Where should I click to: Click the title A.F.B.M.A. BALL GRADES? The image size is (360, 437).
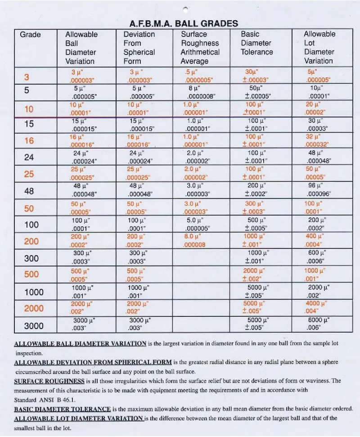184,23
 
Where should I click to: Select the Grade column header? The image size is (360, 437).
30,35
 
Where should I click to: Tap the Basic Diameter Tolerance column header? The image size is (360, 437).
257,43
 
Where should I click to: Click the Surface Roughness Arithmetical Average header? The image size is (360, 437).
200,47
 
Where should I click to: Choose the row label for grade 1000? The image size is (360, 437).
34,292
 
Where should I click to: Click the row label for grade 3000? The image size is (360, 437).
34,325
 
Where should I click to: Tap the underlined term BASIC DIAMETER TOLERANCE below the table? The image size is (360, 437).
63,409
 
